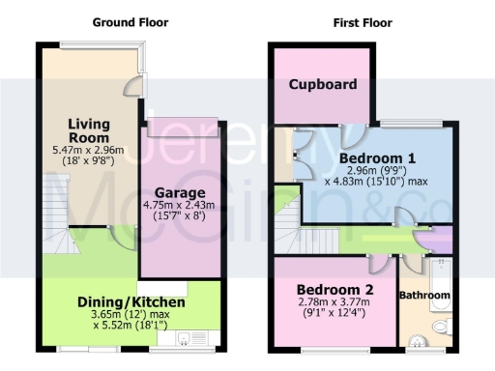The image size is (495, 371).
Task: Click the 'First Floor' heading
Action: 354,21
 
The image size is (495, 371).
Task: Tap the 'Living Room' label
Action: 88,129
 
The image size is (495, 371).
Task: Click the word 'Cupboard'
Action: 323,85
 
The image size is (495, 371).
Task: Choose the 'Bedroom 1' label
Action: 377,158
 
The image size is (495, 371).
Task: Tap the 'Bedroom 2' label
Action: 335,290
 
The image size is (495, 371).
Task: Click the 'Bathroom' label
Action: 424,295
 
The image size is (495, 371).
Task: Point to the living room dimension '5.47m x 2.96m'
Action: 88,152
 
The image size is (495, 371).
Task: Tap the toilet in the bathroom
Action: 441,328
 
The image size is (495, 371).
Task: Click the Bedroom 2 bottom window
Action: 334,349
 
